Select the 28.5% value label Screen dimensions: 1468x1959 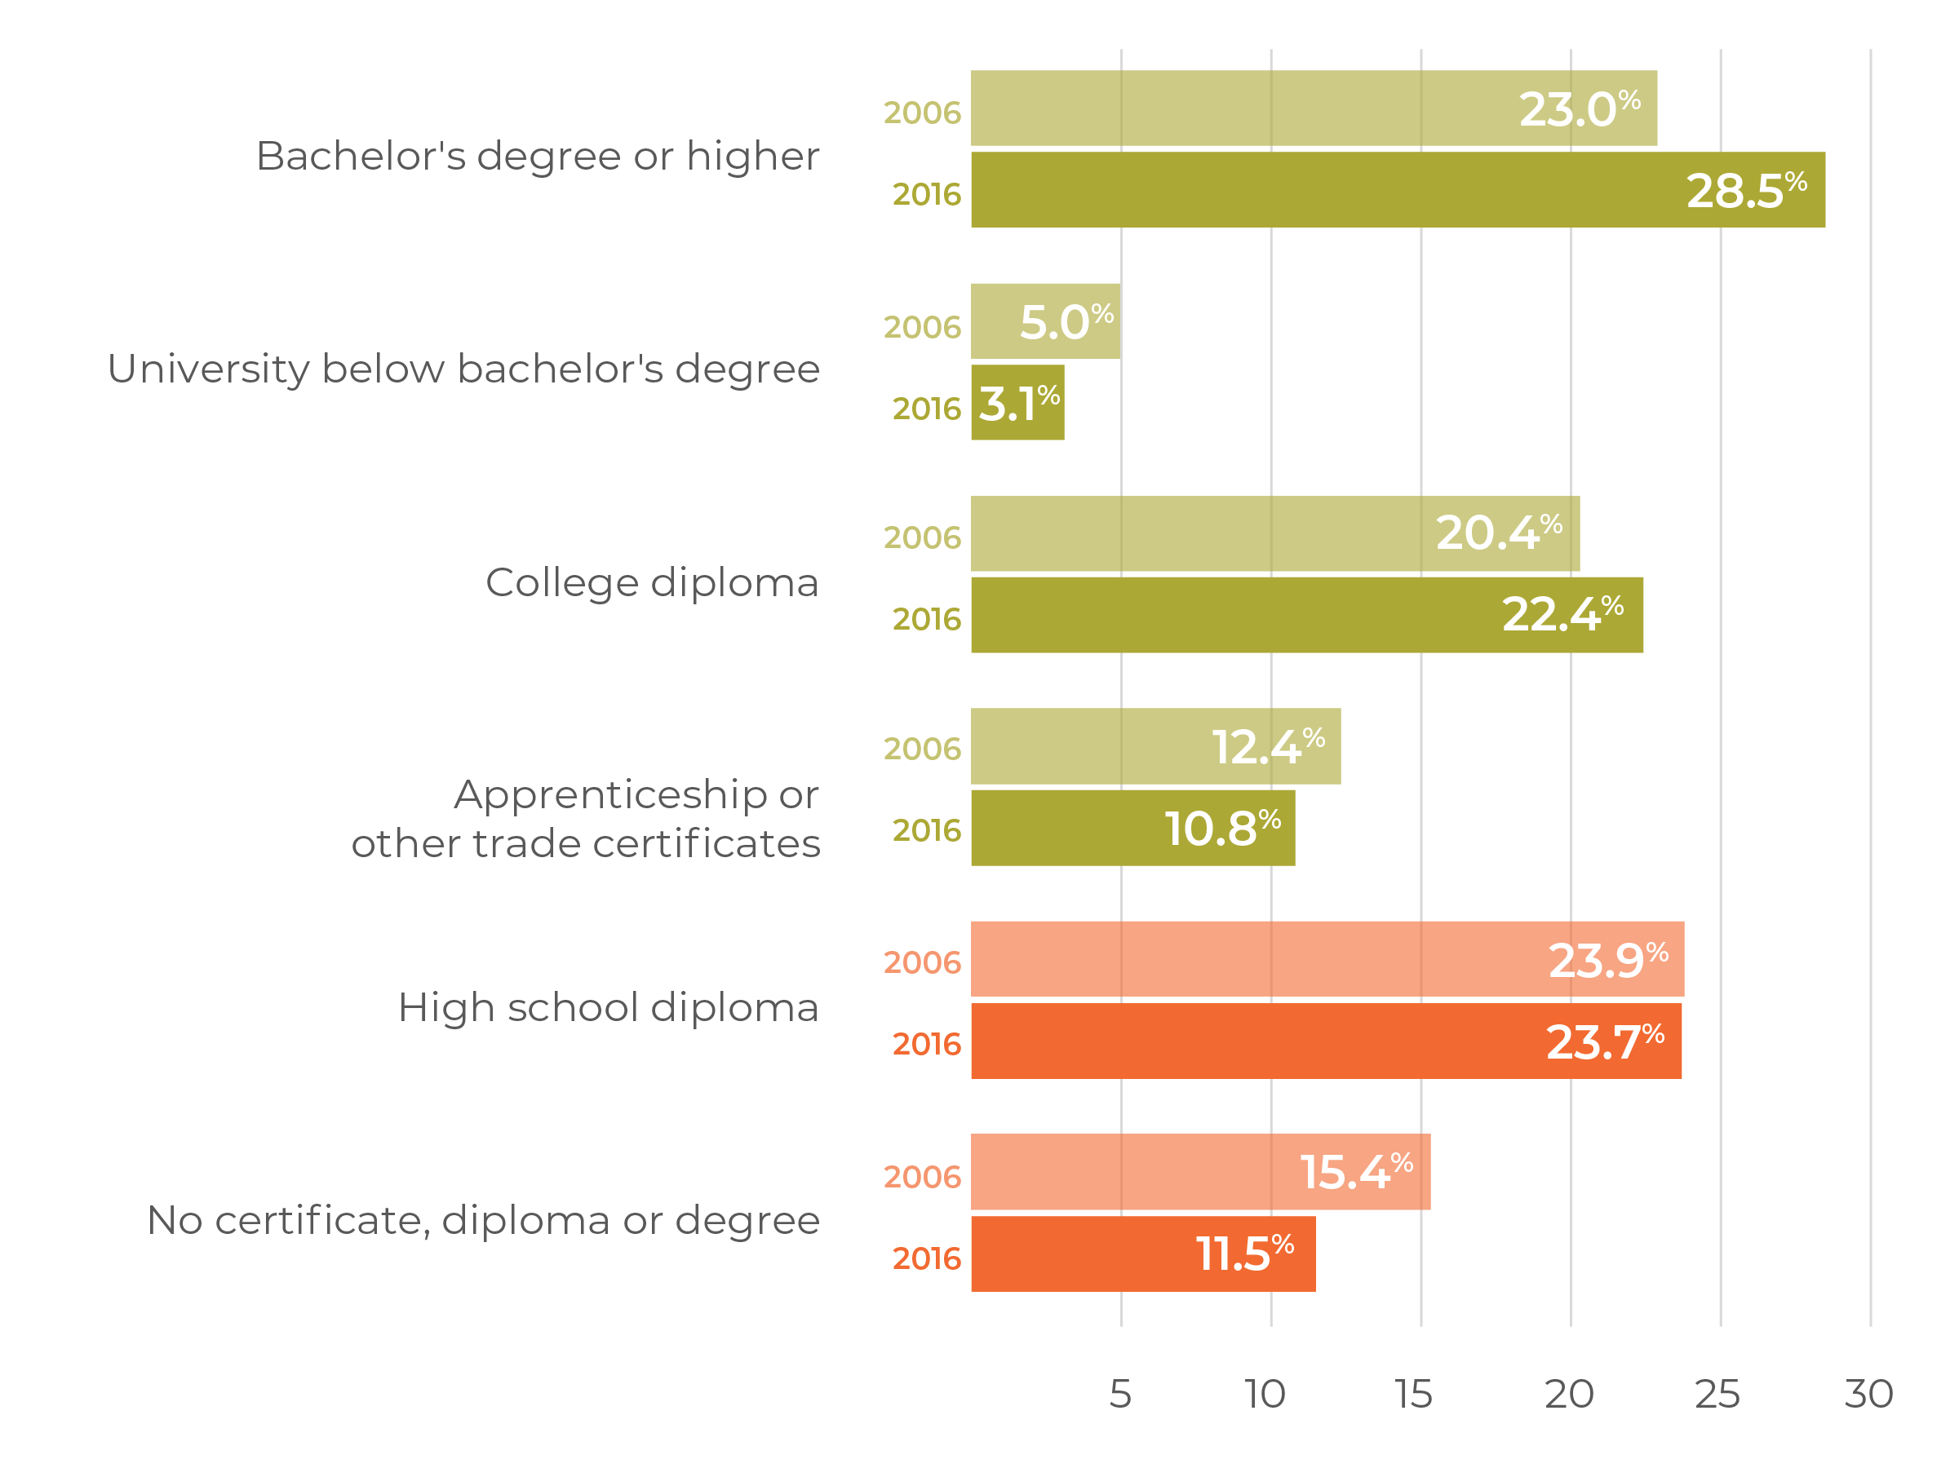1745,190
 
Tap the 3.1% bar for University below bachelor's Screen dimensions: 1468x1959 1017,404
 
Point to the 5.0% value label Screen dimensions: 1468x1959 1066,321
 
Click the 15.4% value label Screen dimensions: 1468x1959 1356,1172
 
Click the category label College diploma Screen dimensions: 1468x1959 652,583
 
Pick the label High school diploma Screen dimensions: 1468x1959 609,1007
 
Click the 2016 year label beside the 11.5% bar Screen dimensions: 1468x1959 926,1258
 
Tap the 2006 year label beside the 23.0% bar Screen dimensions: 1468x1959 922,113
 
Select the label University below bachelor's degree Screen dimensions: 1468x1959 464,369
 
